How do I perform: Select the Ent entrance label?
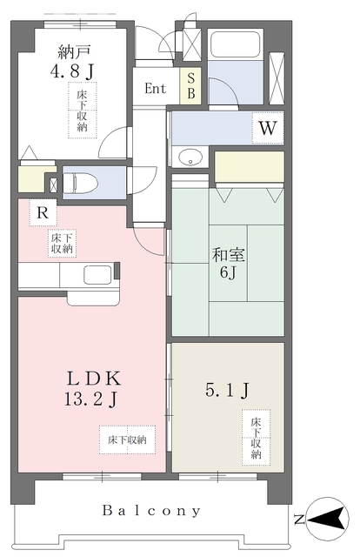156,88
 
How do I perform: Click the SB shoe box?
190,87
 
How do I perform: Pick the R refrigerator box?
40,211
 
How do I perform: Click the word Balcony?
151,511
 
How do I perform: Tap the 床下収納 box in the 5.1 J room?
257,436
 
